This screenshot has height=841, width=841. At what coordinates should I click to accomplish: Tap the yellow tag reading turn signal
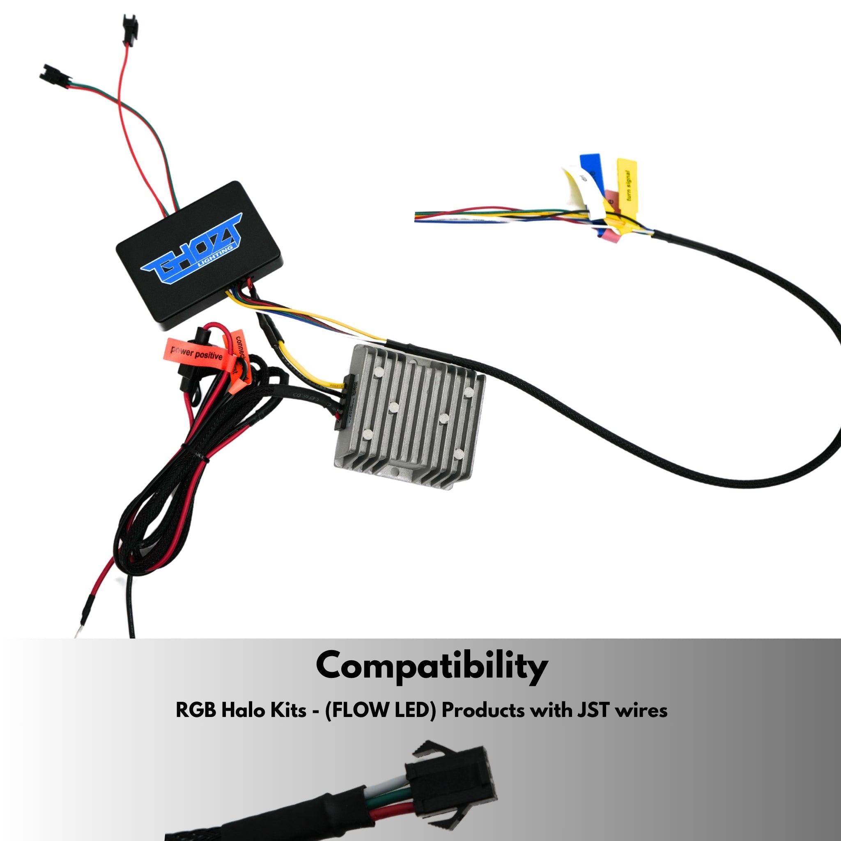click(x=627, y=187)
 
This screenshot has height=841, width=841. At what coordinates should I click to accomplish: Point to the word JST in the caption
click(x=593, y=710)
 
